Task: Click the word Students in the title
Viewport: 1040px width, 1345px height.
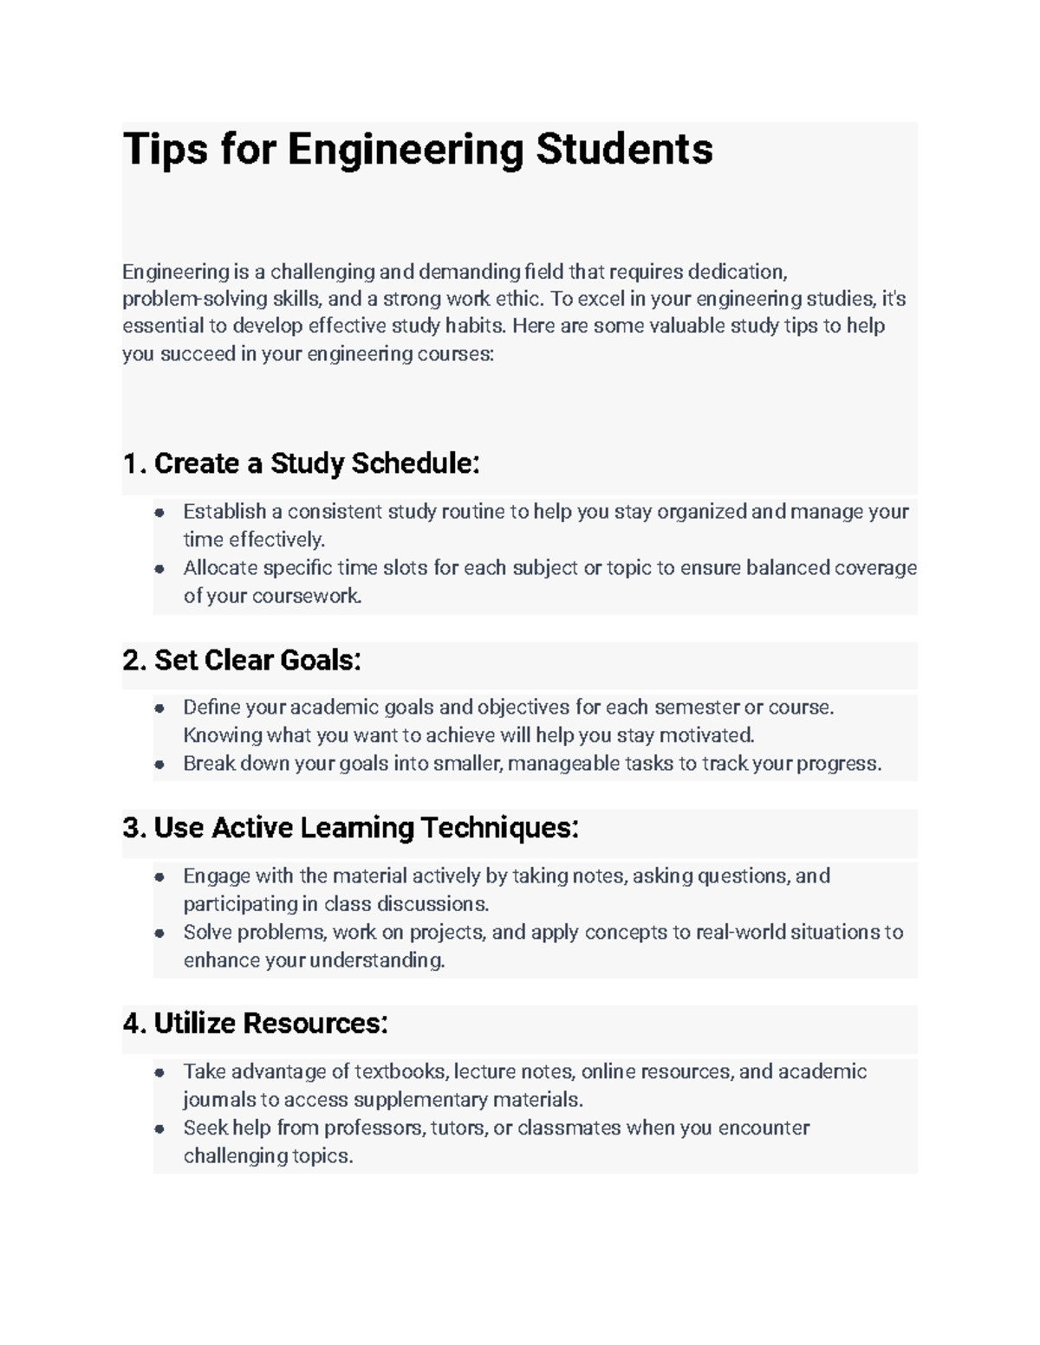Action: pos(624,149)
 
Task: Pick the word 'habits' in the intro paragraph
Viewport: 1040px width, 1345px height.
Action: pos(476,327)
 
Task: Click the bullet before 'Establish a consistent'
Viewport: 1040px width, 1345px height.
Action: pos(159,513)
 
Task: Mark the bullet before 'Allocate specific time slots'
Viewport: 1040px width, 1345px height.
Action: pos(159,569)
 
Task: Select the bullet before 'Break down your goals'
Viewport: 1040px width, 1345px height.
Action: pos(159,765)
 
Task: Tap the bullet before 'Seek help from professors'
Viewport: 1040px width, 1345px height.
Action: pos(159,1129)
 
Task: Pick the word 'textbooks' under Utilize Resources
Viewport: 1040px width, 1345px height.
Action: pos(401,1072)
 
